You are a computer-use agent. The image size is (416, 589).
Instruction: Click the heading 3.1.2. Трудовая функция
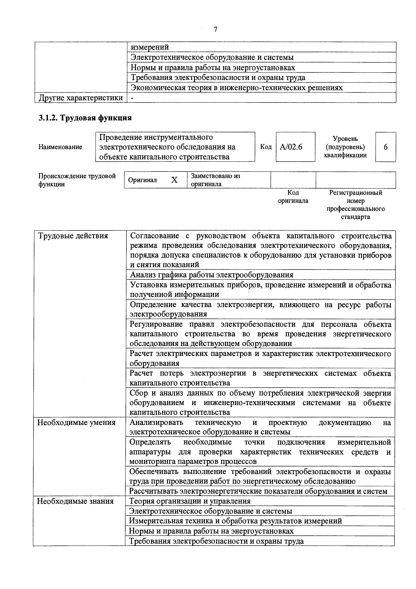(x=85, y=118)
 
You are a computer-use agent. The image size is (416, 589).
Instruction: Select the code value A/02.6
(x=291, y=147)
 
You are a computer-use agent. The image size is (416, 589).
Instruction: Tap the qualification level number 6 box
(x=385, y=147)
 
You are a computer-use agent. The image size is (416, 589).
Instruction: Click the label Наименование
(x=60, y=147)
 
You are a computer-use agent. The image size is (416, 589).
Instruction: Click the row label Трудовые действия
(x=73, y=236)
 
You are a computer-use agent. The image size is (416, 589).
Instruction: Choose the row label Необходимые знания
(x=75, y=501)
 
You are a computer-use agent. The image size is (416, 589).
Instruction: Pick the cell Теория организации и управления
(x=190, y=501)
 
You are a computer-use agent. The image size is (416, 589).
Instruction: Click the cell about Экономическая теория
(x=236, y=88)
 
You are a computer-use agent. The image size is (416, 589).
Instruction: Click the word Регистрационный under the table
(x=356, y=193)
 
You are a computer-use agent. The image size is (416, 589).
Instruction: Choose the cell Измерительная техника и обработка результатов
(x=235, y=521)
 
